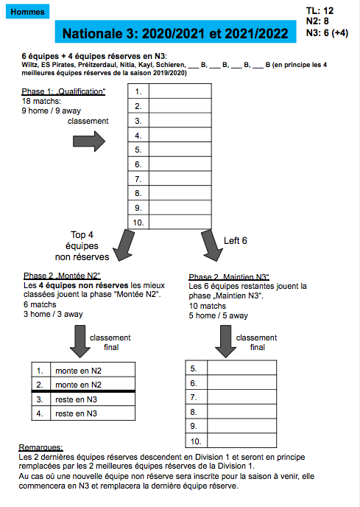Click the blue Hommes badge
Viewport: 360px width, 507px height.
point(27,12)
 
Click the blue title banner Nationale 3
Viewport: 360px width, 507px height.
point(175,32)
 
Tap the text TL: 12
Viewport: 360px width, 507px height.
point(320,10)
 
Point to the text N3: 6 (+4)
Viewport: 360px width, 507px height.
point(327,32)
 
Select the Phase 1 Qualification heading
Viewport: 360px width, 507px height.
point(63,91)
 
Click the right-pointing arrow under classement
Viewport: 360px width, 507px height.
point(89,141)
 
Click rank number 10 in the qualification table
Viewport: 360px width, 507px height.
point(138,223)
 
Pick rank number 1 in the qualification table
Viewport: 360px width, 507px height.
point(138,91)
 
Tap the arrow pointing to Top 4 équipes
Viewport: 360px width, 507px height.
point(124,245)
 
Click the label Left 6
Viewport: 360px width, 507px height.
point(236,240)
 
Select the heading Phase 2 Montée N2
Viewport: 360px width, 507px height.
point(62,276)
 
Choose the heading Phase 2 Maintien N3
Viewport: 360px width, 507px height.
point(229,277)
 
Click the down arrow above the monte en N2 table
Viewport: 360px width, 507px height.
point(80,341)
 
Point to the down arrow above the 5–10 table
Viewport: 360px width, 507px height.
point(225,341)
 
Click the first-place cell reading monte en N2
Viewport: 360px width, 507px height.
point(78,371)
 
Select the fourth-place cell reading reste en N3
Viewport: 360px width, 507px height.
point(76,413)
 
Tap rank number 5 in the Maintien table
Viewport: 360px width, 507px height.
point(194,368)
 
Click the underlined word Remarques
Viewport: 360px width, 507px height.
point(40,447)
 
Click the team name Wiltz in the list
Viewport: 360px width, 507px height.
point(29,65)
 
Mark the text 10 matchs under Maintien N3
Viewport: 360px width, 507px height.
point(208,306)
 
